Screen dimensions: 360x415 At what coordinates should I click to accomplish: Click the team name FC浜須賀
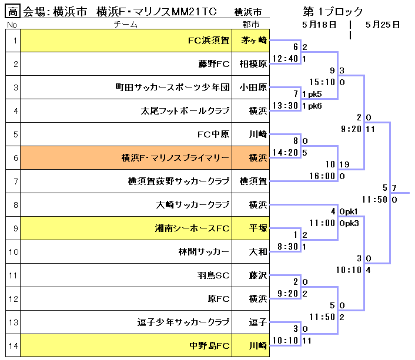(x=208, y=41)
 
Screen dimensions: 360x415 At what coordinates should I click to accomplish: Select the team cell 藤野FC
(x=214, y=64)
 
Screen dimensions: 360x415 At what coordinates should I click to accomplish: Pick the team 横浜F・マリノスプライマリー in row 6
(x=175, y=157)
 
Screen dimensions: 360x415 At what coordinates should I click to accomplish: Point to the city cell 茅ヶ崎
(x=254, y=41)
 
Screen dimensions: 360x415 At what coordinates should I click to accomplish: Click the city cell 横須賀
(x=254, y=181)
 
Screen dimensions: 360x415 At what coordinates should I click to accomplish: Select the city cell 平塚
(x=254, y=228)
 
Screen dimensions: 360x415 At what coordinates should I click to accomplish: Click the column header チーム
(x=126, y=24)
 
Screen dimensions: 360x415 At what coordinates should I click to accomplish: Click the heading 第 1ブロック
(x=333, y=11)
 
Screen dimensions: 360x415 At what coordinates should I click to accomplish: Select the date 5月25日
(x=382, y=25)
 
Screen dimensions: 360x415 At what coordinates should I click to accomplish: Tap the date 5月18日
(x=319, y=25)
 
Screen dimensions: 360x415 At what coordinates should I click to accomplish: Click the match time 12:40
(x=286, y=58)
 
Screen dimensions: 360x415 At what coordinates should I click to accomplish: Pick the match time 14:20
(x=286, y=152)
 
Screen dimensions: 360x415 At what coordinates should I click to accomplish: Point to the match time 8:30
(x=288, y=247)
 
